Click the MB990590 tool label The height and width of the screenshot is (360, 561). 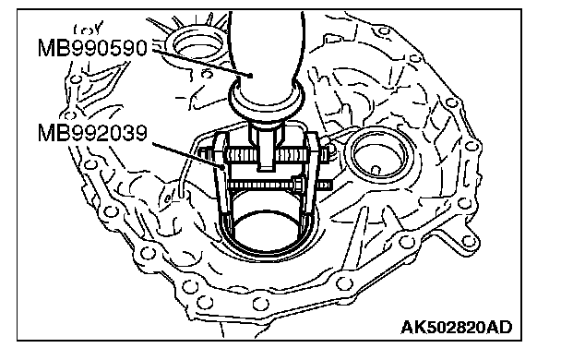[x=92, y=49]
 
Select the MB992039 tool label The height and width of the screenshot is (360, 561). [x=92, y=134]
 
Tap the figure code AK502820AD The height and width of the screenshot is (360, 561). [x=456, y=327]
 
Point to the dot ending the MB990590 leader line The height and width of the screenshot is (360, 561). [x=251, y=76]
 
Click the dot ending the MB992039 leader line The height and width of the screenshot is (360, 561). [x=223, y=165]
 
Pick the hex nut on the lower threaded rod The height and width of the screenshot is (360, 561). [x=298, y=185]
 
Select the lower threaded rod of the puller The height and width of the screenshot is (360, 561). [x=280, y=185]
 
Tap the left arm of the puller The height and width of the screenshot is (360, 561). [x=221, y=175]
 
